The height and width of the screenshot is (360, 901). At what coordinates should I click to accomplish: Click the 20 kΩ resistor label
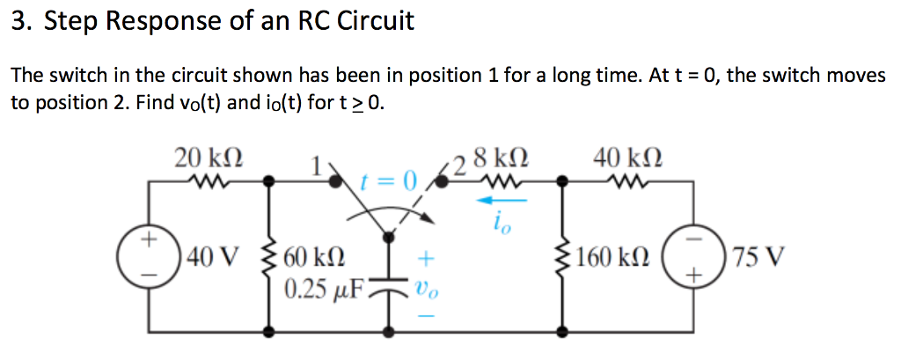point(209,158)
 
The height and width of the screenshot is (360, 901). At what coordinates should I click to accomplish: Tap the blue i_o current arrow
point(501,201)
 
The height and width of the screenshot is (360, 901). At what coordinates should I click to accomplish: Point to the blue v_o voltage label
point(425,287)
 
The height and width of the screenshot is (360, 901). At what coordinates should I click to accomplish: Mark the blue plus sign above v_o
point(425,260)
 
